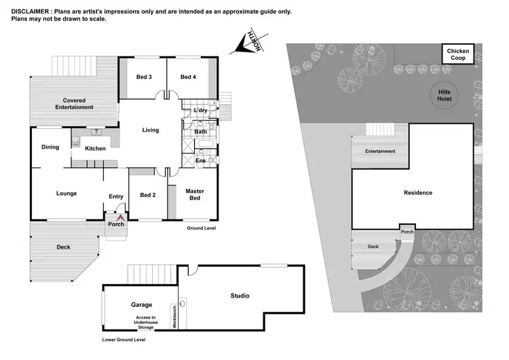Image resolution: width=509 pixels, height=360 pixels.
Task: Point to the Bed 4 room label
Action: pyautogui.click(x=188, y=77)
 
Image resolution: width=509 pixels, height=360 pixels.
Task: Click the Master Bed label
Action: pyautogui.click(x=195, y=194)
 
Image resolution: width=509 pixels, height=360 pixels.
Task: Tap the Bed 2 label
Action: pyautogui.click(x=148, y=195)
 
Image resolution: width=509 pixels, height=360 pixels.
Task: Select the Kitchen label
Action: pyautogui.click(x=95, y=148)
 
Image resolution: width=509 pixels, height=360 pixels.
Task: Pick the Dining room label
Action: pyautogui.click(x=50, y=147)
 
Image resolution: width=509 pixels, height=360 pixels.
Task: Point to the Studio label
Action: pyautogui.click(x=240, y=295)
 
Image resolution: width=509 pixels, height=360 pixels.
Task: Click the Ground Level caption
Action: pyautogui.click(x=202, y=229)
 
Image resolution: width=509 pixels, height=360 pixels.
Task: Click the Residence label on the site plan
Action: pyautogui.click(x=418, y=192)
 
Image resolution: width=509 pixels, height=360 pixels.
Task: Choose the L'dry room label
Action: pyautogui.click(x=200, y=110)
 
